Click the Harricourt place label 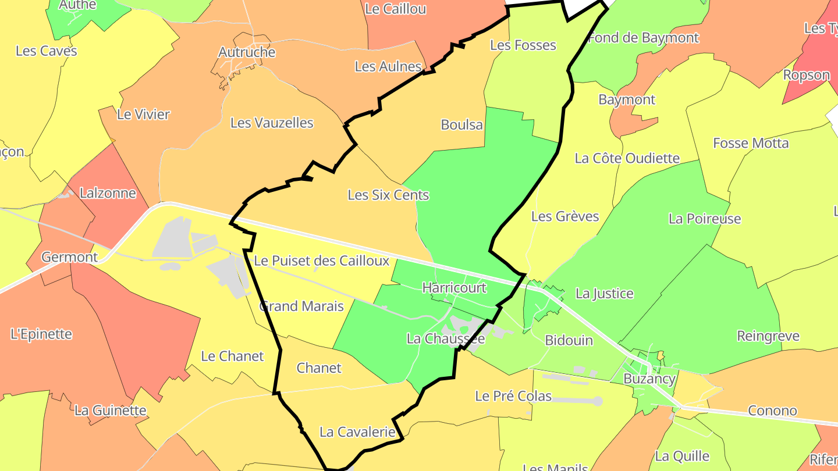pyautogui.click(x=454, y=288)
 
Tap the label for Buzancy pyautogui.click(x=649, y=379)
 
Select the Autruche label pyautogui.click(x=247, y=52)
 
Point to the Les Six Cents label pyautogui.click(x=388, y=195)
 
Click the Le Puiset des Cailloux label pyautogui.click(x=321, y=261)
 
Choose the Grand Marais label pyautogui.click(x=301, y=306)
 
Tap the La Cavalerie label pyautogui.click(x=357, y=432)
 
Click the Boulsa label pyautogui.click(x=461, y=125)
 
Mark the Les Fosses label pyautogui.click(x=523, y=45)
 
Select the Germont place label pyautogui.click(x=70, y=257)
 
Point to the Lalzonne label pyautogui.click(x=108, y=193)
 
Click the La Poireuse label pyautogui.click(x=705, y=219)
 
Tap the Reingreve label pyautogui.click(x=768, y=336)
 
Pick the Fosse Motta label pyautogui.click(x=751, y=144)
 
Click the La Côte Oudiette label pyautogui.click(x=627, y=158)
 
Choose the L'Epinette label pyautogui.click(x=41, y=334)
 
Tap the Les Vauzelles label pyautogui.click(x=272, y=123)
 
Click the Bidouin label pyautogui.click(x=569, y=340)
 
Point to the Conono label pyautogui.click(x=772, y=411)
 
